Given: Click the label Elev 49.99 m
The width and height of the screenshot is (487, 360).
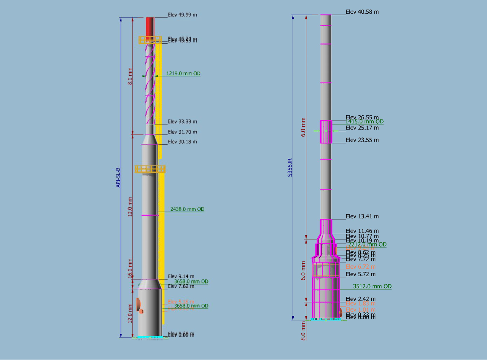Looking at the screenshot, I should [x=182, y=15].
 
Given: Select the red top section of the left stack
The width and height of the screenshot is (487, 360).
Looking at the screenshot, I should [x=150, y=26].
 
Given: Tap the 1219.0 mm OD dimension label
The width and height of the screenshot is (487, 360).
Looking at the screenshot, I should [x=183, y=73].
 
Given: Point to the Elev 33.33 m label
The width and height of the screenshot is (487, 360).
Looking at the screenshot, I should [x=182, y=122].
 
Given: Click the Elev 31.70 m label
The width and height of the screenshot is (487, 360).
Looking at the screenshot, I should [x=182, y=132].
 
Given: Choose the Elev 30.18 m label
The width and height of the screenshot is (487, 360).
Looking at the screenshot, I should [x=182, y=142].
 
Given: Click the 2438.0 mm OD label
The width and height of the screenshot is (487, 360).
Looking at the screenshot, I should [x=187, y=209].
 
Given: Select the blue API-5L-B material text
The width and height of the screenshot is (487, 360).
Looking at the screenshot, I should [x=118, y=177].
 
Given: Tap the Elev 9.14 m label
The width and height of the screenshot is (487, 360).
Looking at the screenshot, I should [x=181, y=276].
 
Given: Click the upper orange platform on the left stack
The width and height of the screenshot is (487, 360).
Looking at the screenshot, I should [x=150, y=40].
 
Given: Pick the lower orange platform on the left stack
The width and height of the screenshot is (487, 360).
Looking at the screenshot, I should [x=150, y=169].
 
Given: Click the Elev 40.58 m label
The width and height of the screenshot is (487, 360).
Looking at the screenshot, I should [x=362, y=12].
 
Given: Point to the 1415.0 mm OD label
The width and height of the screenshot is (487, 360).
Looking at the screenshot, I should [x=364, y=122].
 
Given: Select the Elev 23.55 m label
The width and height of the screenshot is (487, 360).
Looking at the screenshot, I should [x=362, y=140].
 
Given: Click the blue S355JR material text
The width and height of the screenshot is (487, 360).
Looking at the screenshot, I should [x=290, y=168].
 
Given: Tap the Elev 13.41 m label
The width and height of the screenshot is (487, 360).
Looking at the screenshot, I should [x=362, y=217].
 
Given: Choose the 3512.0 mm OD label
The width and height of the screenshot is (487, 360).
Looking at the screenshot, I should [x=372, y=286].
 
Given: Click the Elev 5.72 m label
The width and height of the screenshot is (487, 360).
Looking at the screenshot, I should [x=360, y=274].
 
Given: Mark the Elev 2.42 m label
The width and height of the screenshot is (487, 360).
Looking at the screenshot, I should [x=360, y=299].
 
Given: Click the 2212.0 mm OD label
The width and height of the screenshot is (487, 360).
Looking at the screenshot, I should [x=366, y=244].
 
